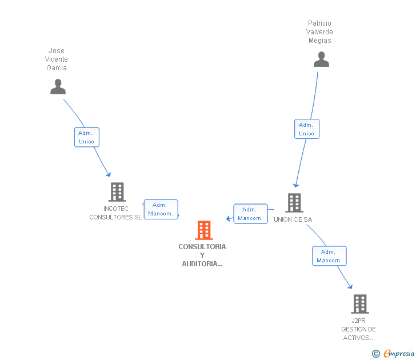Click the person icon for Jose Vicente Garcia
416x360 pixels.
[58, 87]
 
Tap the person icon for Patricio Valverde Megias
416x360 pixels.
[321, 59]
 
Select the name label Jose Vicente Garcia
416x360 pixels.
[57, 59]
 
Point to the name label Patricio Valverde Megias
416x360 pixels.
[319, 32]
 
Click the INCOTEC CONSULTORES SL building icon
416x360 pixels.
[117, 192]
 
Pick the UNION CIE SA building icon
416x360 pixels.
[294, 203]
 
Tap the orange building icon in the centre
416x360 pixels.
[203, 230]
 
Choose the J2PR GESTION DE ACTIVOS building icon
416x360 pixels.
[359, 304]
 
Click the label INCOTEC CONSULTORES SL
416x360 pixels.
[115, 213]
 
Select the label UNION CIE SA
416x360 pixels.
[293, 219]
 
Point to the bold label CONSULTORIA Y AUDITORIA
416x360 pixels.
[202, 255]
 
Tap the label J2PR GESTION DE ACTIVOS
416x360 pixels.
[358, 329]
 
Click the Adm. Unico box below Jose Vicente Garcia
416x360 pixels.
[86, 137]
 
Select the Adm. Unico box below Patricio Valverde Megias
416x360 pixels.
[306, 129]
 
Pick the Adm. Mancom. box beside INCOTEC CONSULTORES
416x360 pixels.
[161, 209]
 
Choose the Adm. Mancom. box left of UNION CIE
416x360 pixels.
[250, 214]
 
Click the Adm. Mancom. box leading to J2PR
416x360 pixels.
[329, 256]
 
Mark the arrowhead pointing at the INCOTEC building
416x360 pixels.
[108, 175]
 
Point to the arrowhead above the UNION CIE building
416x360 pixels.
[295, 185]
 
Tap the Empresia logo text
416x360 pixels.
[398, 353]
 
